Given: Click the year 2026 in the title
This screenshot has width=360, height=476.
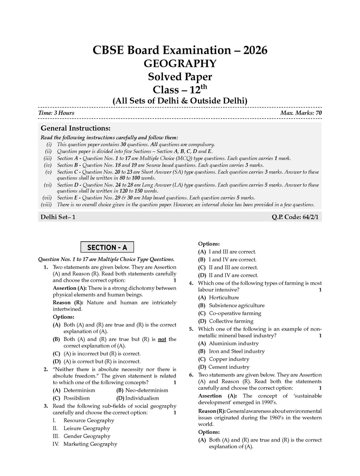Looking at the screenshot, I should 253,50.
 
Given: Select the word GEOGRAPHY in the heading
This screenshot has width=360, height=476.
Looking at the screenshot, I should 180,64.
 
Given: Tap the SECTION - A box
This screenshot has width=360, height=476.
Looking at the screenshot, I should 107,247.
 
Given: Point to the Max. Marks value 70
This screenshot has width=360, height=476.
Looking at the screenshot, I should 318,113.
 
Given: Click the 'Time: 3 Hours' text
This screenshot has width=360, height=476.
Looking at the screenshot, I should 56,113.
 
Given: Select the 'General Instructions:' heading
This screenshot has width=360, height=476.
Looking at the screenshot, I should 76,128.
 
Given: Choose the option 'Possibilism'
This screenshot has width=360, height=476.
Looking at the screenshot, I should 77,398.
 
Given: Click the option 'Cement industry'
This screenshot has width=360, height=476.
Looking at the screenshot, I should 229,367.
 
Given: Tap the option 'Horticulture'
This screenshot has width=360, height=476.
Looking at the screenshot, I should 224,298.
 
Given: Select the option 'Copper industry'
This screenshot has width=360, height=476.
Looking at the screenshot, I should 229,359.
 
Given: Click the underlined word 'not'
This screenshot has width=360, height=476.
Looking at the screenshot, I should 162,339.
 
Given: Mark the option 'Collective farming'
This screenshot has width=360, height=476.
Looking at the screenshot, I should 231,321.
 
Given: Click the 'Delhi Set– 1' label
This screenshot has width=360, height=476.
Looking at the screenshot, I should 58,217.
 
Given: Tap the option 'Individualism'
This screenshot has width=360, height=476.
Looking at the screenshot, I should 142,398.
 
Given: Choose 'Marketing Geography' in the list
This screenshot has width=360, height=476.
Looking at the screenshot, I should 90,444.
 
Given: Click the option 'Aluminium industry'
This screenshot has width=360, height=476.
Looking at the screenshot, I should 233,343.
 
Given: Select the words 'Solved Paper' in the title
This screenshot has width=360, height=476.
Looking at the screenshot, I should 180,77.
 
